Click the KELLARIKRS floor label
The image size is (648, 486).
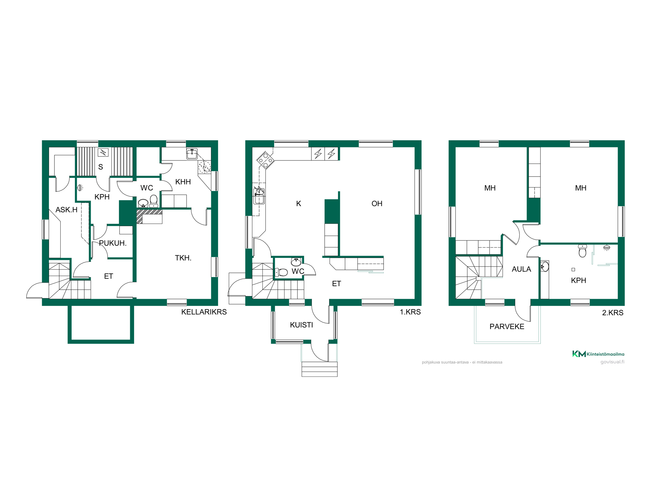204,312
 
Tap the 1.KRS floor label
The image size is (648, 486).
410,312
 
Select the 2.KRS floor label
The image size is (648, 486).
613,313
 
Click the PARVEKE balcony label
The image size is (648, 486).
507,327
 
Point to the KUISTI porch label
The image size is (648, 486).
301,325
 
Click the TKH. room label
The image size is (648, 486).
183,258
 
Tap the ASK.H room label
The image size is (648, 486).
66,210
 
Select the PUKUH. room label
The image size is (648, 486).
113,243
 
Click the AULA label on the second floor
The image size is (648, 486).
521,269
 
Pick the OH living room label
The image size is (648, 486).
377,203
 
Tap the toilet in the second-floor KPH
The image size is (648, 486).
583,251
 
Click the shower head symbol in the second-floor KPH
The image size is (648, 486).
607,248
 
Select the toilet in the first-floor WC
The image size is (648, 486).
281,272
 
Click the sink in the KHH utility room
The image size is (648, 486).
192,154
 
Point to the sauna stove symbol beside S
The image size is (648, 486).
103,152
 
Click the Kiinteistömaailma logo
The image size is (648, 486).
598,354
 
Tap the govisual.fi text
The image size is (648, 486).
612,362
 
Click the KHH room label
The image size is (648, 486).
183,182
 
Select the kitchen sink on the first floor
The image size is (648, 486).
259,196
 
